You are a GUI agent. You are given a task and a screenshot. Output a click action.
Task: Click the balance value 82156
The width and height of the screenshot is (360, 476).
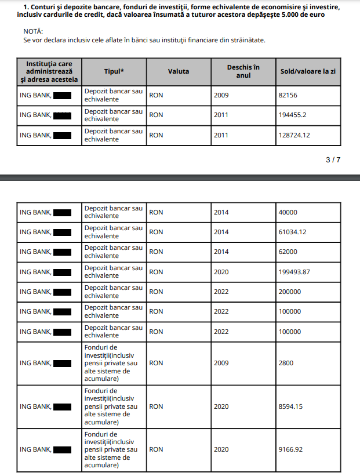[x=288, y=95]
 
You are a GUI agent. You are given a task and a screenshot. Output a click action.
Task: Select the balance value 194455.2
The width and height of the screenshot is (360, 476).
[x=293, y=115]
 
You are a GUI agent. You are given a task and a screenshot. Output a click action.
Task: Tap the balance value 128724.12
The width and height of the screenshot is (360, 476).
[x=294, y=135]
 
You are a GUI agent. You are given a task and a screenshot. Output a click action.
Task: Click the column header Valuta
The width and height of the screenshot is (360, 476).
[x=179, y=71]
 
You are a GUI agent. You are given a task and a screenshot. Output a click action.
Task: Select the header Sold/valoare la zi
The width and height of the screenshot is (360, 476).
[x=308, y=71]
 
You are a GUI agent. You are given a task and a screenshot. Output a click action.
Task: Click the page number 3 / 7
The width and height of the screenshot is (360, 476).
[x=333, y=159]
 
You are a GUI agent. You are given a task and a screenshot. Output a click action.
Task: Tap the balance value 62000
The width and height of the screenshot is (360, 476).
[x=288, y=252]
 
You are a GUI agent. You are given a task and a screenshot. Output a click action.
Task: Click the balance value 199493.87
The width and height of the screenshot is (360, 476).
[x=294, y=272]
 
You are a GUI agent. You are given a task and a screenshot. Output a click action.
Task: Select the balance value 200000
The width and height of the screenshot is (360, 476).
[x=290, y=292]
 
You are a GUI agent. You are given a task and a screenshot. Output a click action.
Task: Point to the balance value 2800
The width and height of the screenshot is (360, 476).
[x=286, y=363]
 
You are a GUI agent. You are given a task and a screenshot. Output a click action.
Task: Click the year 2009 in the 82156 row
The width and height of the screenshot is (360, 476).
[x=221, y=95]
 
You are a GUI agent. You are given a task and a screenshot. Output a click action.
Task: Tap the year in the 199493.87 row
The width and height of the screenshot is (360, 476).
[x=221, y=272]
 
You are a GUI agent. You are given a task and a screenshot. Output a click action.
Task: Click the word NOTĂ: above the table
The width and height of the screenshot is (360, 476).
[x=33, y=31]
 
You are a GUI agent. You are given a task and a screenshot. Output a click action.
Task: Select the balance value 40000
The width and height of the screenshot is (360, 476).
[x=288, y=212]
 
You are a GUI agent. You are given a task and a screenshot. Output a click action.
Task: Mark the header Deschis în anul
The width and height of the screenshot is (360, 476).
[x=243, y=71]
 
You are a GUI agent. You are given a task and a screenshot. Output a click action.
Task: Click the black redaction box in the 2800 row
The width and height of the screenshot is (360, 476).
[x=62, y=363]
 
